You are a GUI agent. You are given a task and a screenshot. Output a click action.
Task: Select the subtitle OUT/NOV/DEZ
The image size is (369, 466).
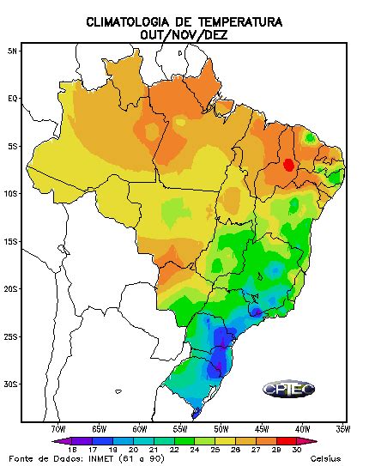(x=184, y=35)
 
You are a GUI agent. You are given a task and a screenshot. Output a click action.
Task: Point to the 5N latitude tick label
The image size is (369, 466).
(x=12, y=51)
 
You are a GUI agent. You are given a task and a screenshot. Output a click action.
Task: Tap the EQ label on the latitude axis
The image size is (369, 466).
(x=12, y=98)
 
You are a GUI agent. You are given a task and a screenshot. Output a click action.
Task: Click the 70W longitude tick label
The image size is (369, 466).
(x=57, y=427)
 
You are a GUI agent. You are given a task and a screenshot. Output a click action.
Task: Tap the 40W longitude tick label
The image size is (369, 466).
(x=302, y=427)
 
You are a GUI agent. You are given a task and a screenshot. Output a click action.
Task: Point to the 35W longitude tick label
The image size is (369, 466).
(x=342, y=427)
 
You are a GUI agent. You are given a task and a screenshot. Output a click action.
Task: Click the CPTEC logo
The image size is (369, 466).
(x=288, y=389)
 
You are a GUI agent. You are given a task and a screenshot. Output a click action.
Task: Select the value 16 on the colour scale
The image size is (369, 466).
(x=72, y=449)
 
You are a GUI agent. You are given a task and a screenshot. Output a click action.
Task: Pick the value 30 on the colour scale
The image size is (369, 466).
(x=296, y=449)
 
